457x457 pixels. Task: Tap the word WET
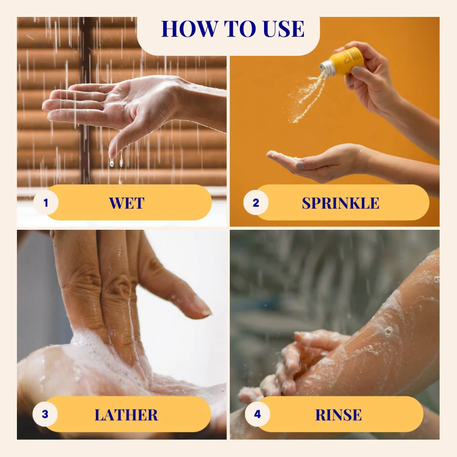(x=127, y=203)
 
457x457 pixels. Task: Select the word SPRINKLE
(x=340, y=203)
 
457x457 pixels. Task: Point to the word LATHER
(x=126, y=415)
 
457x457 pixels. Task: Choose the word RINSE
(x=339, y=415)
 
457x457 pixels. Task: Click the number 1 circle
(x=46, y=203)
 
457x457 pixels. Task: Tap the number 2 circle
(x=256, y=203)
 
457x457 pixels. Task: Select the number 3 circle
(x=45, y=414)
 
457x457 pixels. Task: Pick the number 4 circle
(x=257, y=414)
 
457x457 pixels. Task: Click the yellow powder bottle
(x=343, y=62)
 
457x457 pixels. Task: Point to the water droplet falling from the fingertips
(x=112, y=162)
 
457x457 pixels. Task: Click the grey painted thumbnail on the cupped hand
(x=300, y=166)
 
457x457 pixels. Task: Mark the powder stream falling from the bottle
(x=306, y=98)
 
